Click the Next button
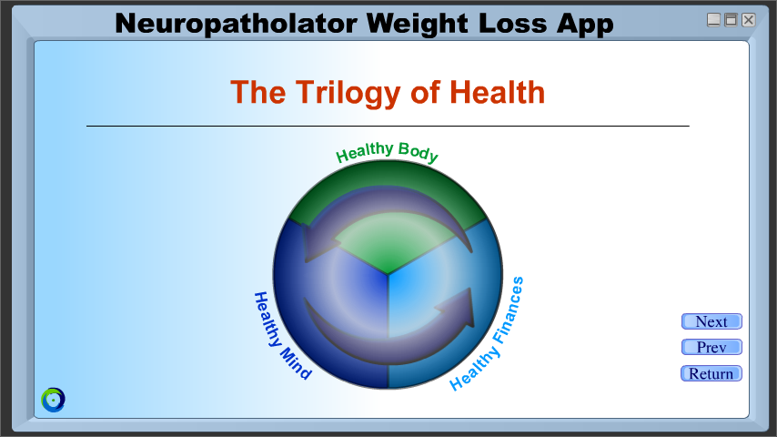point(711,321)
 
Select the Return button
point(711,373)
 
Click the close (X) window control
point(748,20)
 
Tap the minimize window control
point(713,20)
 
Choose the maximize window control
point(731,20)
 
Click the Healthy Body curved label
point(387,151)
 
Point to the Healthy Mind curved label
point(281,337)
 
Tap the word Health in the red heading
point(497,92)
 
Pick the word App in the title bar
point(585,24)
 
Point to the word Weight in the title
point(418,24)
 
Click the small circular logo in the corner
point(53,400)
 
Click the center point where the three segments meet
point(388,274)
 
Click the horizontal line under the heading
point(388,126)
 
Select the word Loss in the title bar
point(512,24)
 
